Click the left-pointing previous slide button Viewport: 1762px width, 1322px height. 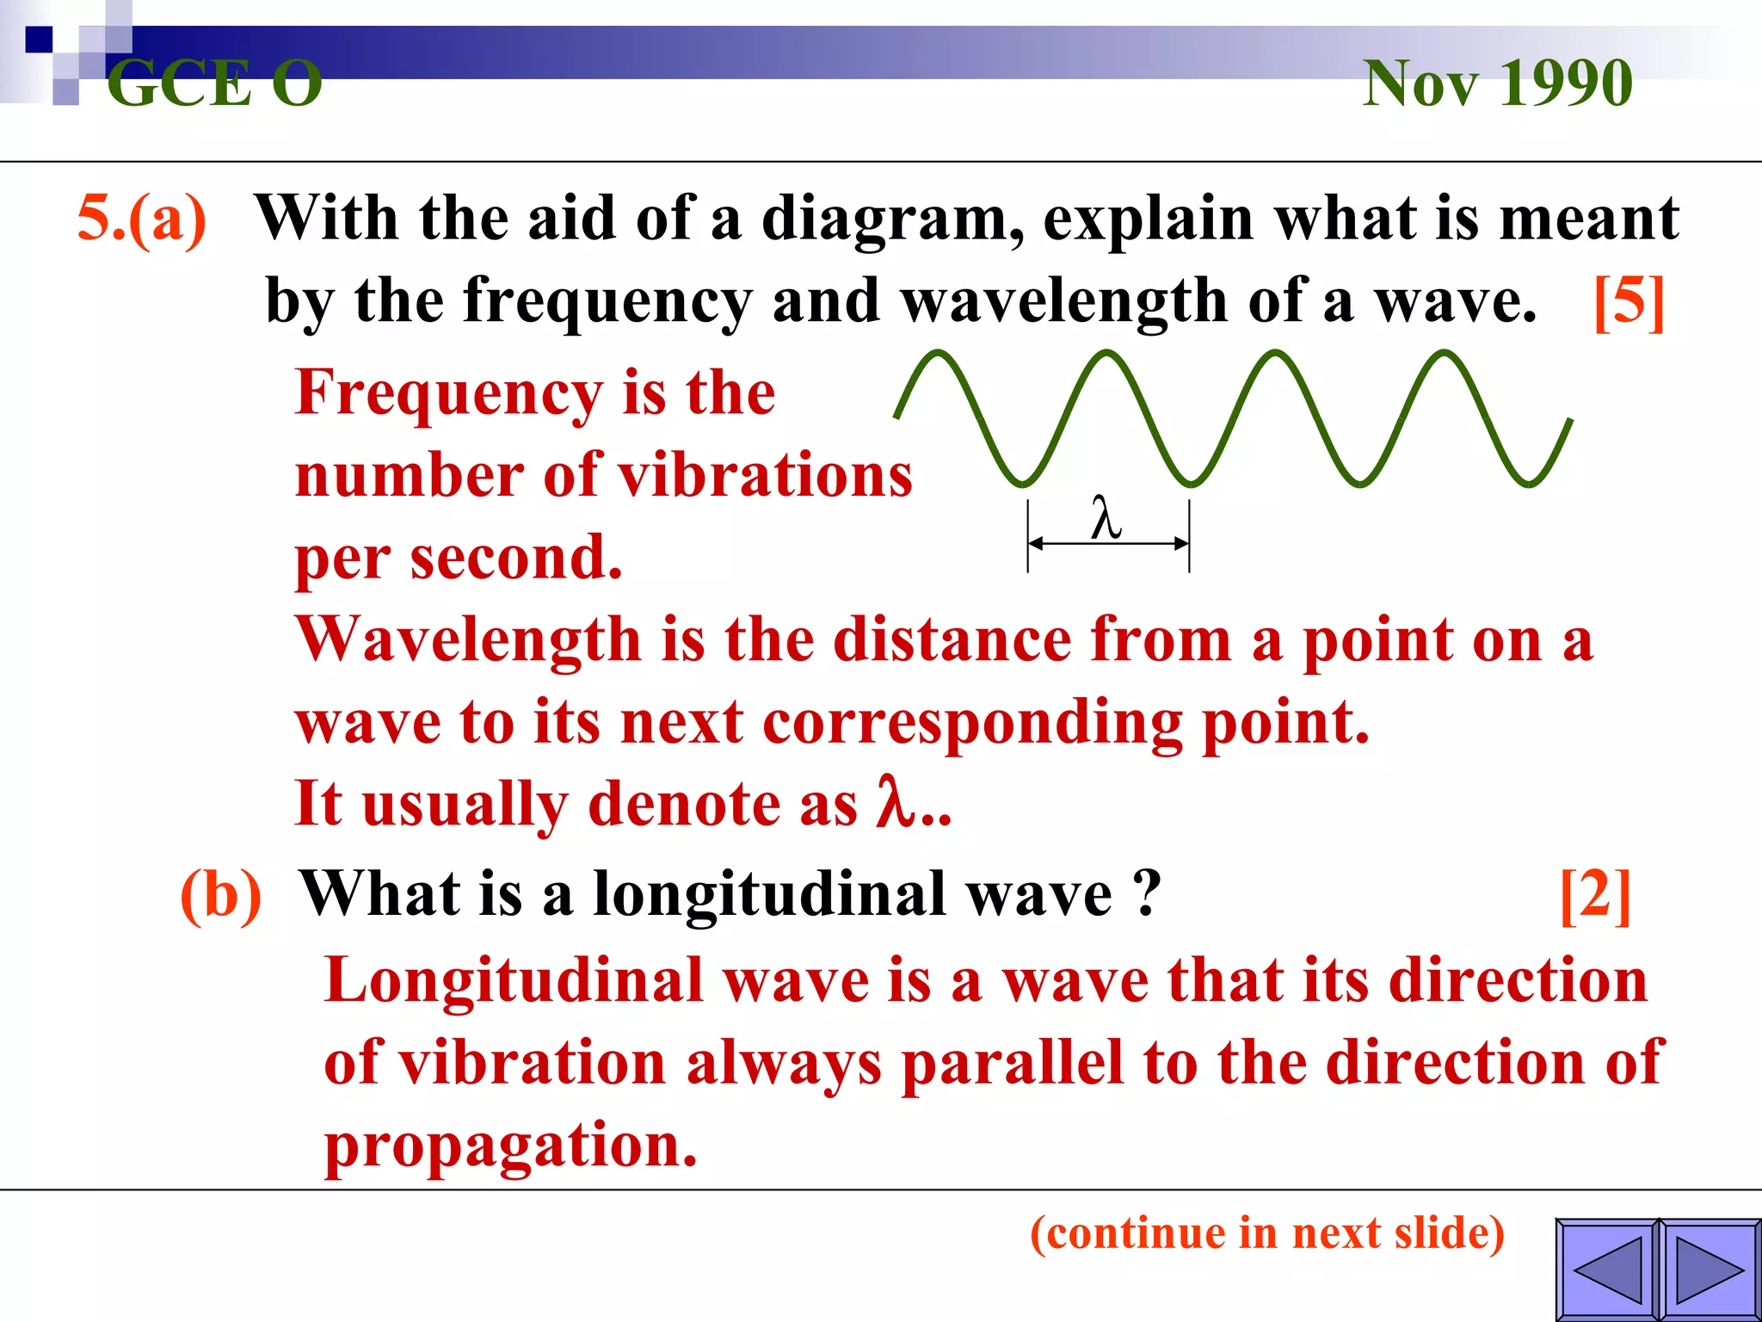(x=1607, y=1269)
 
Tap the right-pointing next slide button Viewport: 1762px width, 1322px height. (x=1710, y=1269)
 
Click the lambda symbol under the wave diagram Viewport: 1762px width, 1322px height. (x=1106, y=519)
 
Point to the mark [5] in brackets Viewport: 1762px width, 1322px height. (x=1629, y=301)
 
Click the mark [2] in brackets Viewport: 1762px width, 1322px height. (x=1595, y=895)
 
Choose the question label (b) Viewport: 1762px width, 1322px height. (x=220, y=895)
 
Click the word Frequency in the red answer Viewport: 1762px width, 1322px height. (x=448, y=392)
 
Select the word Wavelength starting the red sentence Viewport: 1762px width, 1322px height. (x=468, y=640)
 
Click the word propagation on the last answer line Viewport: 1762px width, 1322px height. (x=510, y=1146)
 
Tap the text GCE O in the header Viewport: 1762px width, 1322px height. (x=214, y=84)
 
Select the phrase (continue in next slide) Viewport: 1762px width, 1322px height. (x=1267, y=1232)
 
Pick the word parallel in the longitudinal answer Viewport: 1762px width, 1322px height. (x=1012, y=1063)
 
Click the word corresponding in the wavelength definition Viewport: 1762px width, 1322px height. (x=972, y=722)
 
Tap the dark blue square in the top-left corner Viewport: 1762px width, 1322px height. (x=39, y=40)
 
